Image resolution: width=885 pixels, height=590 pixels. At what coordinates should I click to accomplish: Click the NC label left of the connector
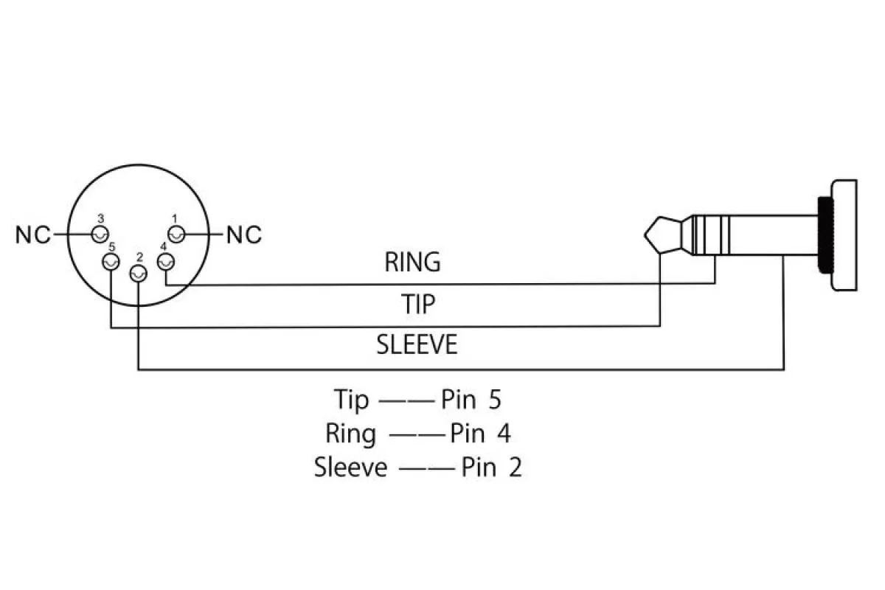coord(33,235)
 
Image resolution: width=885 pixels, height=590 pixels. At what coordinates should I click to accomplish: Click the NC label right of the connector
coord(244,235)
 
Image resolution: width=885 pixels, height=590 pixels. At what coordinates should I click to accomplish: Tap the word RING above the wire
coord(412,262)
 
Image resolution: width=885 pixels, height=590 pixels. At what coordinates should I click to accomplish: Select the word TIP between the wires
coord(418,304)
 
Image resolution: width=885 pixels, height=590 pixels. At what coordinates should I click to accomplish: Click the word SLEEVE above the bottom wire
coord(417,344)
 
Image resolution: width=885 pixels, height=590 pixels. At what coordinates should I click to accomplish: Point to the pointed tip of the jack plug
coord(645,235)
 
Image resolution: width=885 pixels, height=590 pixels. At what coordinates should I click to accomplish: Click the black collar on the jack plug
coord(825,235)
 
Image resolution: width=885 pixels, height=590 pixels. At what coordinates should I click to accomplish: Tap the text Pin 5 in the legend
coord(471,399)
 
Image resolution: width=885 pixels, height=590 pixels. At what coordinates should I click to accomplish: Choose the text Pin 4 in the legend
coord(480,433)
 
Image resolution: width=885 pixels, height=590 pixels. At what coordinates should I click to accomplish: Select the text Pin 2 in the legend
coord(491,467)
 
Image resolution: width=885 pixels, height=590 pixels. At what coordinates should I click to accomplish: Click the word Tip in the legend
coord(351,400)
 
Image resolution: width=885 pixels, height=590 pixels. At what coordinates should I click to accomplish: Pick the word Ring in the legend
coord(350,434)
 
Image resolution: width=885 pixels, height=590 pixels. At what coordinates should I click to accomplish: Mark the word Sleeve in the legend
coord(350,467)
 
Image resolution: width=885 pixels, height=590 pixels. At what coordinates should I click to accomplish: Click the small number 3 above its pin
coord(101,218)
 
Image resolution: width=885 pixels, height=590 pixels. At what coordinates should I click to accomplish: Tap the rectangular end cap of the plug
coord(844,235)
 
